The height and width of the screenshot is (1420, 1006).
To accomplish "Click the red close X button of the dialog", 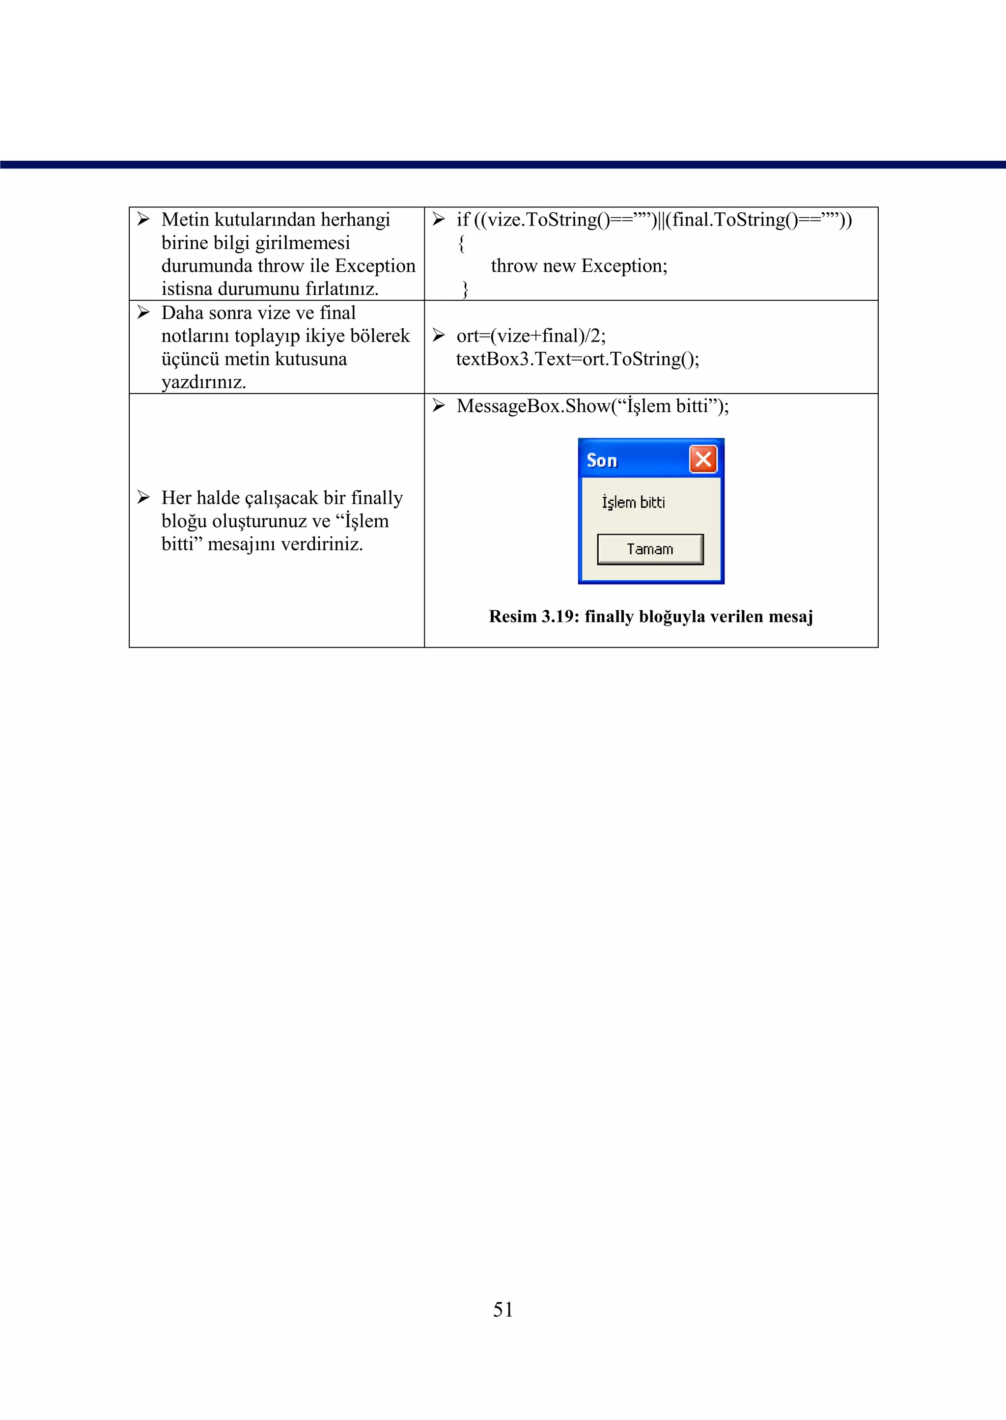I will (703, 459).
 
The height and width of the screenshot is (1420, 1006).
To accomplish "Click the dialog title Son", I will (602, 460).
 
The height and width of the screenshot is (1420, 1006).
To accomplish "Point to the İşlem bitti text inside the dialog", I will (633, 503).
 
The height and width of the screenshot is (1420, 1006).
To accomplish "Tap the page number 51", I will (503, 1309).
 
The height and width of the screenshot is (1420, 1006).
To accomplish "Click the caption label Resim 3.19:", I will (533, 617).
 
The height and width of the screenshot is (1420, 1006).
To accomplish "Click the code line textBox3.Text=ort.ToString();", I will (577, 359).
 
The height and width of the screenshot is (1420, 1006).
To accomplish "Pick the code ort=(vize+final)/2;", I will (531, 336).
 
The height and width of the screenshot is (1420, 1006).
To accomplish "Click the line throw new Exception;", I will (579, 266).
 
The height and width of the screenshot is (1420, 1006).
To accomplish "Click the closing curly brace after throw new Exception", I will (465, 289).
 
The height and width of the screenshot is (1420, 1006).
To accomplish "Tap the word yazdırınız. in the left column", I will (203, 382).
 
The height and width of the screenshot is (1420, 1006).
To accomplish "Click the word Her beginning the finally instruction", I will (175, 498).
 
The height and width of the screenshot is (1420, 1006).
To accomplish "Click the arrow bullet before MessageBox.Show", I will (439, 406).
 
